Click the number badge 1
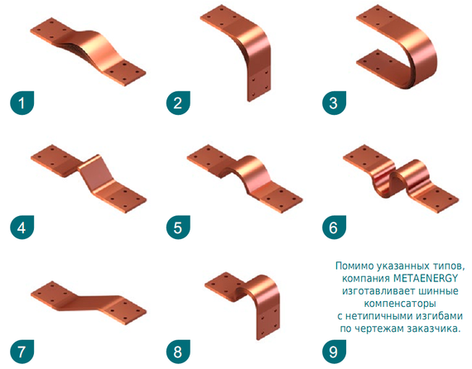pos(22,103)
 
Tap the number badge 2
pos(178,103)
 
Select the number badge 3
pos(334,103)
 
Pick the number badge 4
pos(22,228)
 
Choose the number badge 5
pos(178,228)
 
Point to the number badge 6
pos(334,228)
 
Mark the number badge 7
pos(22,352)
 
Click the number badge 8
pos(178,352)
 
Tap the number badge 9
pos(334,352)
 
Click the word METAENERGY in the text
pos(426,278)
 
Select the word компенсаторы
pos(400,304)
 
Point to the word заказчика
pos(433,328)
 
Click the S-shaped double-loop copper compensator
pos(401,179)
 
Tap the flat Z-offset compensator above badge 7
pos(89,303)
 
